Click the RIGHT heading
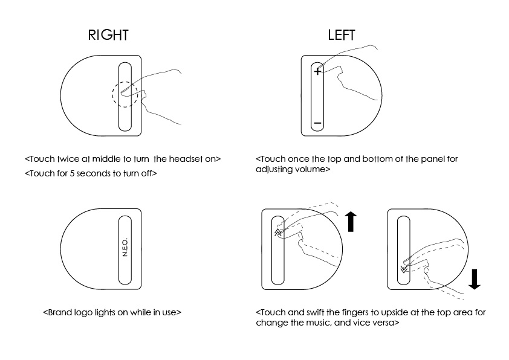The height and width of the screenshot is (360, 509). pyautogui.click(x=109, y=35)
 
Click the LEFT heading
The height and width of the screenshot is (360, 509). pyautogui.click(x=342, y=35)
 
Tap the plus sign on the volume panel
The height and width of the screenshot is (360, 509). pyautogui.click(x=317, y=71)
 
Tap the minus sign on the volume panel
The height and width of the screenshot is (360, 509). pyautogui.click(x=317, y=124)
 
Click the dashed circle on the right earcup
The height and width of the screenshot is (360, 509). pyautogui.click(x=128, y=94)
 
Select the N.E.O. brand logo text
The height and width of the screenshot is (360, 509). pyautogui.click(x=125, y=248)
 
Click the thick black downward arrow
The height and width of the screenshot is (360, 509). pyautogui.click(x=475, y=277)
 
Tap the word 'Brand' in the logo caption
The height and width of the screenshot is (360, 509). pyautogui.click(x=60, y=313)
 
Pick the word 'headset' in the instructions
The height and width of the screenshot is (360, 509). pyautogui.click(x=184, y=159)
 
